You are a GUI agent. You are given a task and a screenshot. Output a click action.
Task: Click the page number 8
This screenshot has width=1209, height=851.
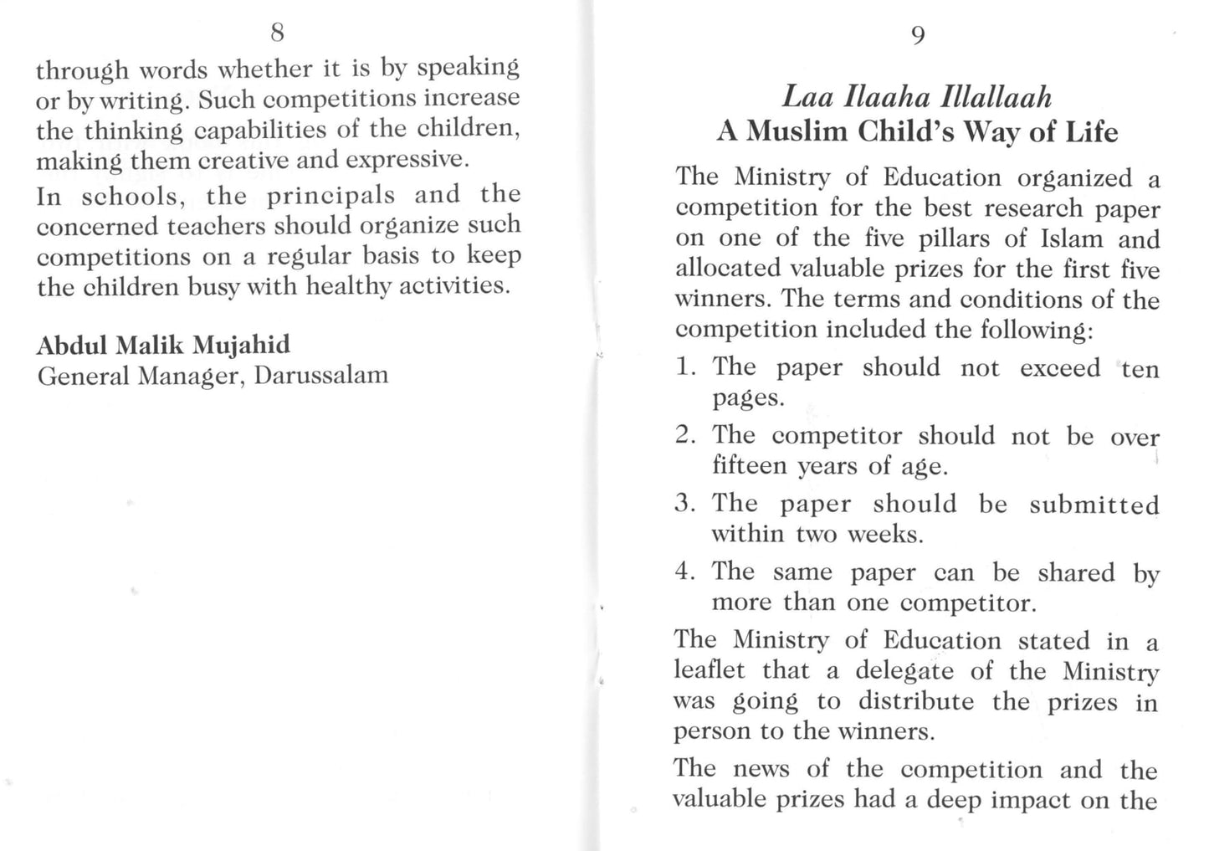pos(278,33)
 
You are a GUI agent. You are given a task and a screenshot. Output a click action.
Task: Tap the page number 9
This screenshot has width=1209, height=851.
pos(917,35)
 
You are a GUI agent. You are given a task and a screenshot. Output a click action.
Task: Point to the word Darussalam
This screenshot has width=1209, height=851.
pos(321,375)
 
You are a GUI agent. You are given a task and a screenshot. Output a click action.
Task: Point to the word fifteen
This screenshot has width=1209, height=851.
pos(749,466)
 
